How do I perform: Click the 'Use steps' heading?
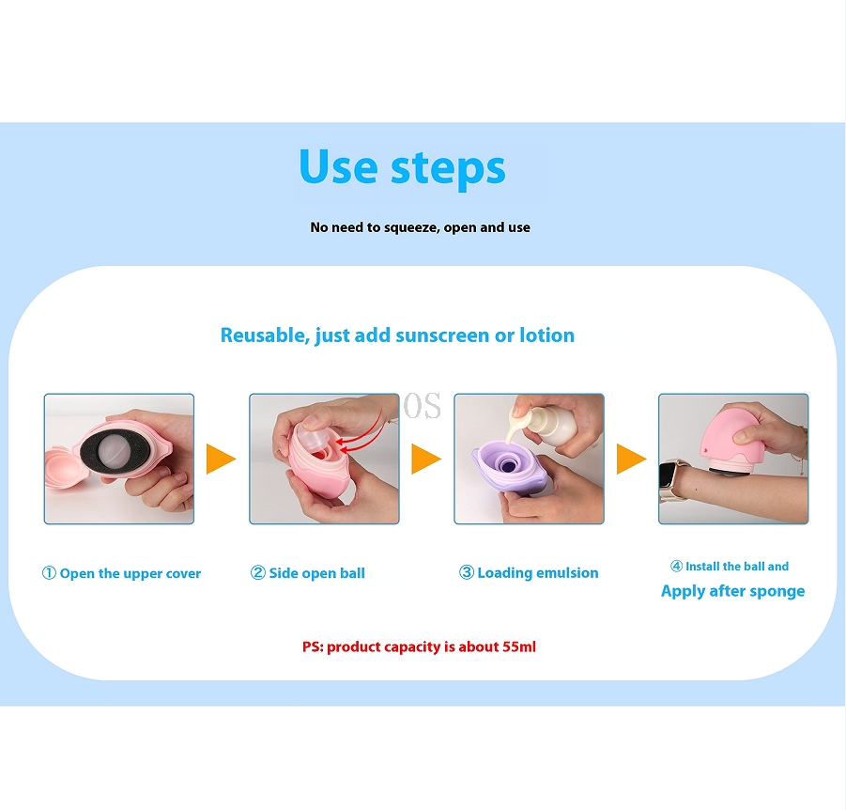402,167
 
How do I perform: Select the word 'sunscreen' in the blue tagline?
442,335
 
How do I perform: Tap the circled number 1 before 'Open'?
49,573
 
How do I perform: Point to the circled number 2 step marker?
258,572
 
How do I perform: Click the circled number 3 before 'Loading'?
466,572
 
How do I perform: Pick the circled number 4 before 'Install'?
676,566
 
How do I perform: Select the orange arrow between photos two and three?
426,459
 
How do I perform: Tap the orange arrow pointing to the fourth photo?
631,459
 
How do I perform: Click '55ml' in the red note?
519,646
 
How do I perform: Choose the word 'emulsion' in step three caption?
565,572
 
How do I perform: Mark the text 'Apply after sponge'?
732,591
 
